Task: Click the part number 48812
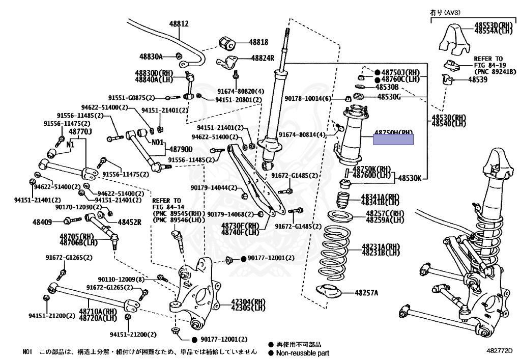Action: coord(179,24)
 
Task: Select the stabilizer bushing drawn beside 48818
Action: coord(226,43)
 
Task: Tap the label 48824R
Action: coord(262,58)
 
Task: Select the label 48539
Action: coord(479,79)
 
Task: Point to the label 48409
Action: coord(42,222)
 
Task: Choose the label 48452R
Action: coord(129,222)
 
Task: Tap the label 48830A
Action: coord(151,56)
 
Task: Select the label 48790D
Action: coord(181,149)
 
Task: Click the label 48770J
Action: coord(80,131)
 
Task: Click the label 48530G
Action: coord(389,96)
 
